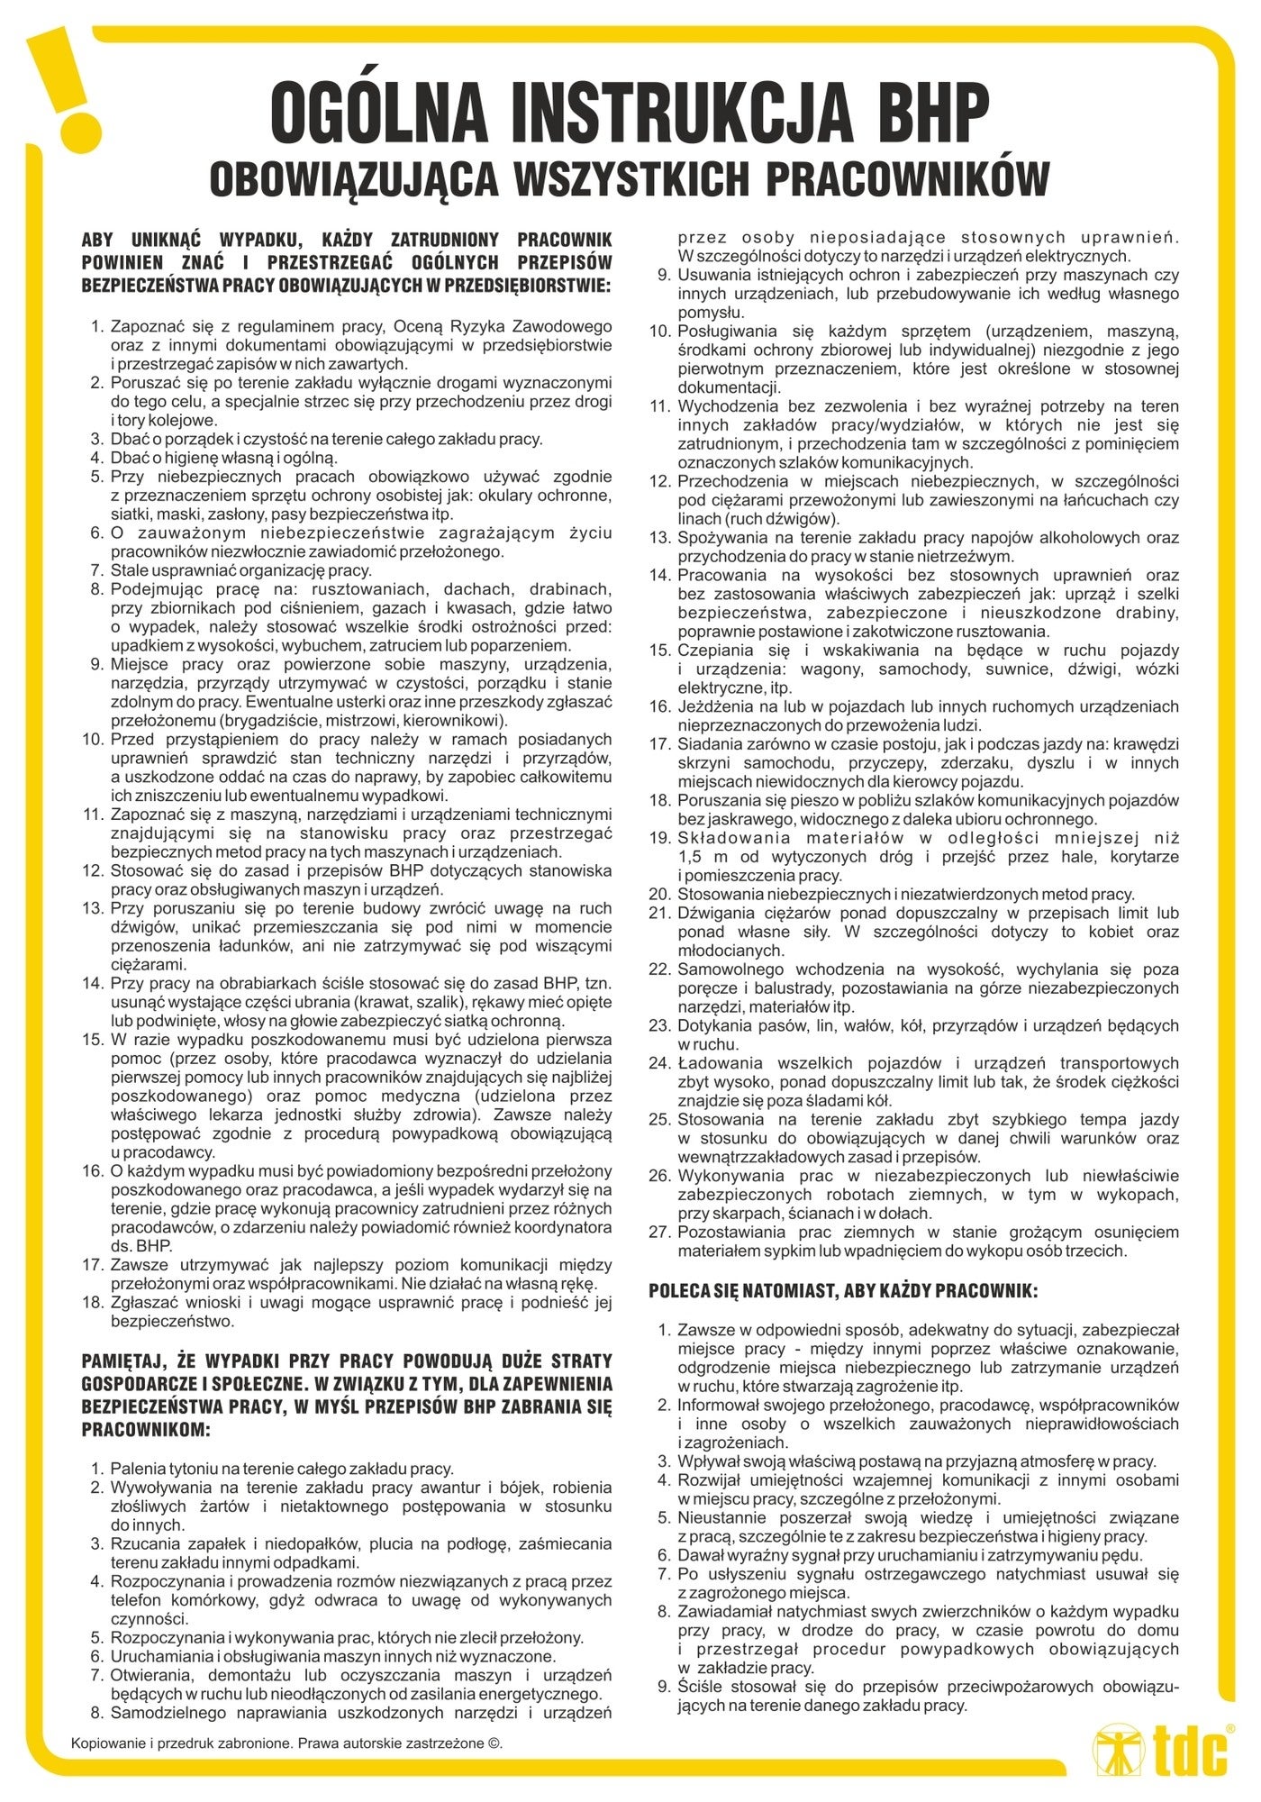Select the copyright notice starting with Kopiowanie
pyautogui.click(x=286, y=1742)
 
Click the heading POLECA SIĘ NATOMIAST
pyautogui.click(x=842, y=1291)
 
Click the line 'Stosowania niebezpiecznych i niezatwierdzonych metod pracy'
pyautogui.click(x=904, y=894)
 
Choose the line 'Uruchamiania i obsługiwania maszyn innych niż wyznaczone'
pyautogui.click(x=332, y=1656)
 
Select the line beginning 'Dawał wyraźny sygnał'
pyautogui.click(x=910, y=1555)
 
